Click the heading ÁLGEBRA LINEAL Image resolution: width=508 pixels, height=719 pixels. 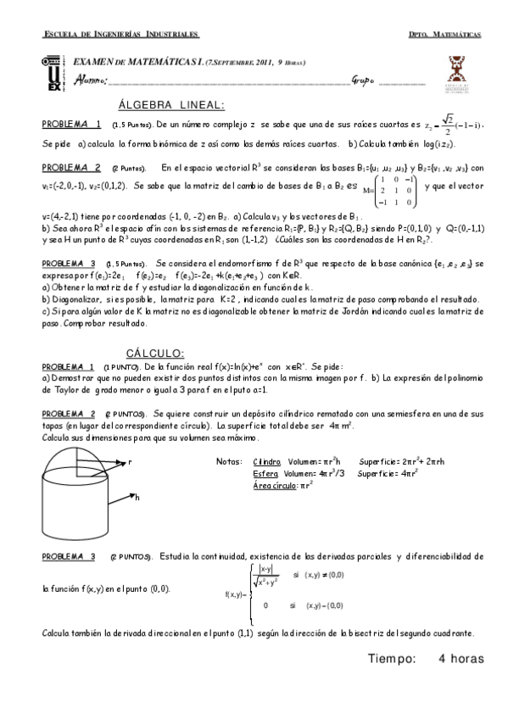[171, 105]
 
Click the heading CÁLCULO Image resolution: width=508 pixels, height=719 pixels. [156, 353]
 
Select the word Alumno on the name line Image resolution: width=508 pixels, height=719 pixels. [92, 81]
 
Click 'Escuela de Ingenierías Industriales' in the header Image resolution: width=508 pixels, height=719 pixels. [121, 35]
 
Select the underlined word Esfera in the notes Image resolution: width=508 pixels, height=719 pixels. [265, 473]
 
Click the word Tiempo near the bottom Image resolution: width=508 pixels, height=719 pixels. [392, 658]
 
